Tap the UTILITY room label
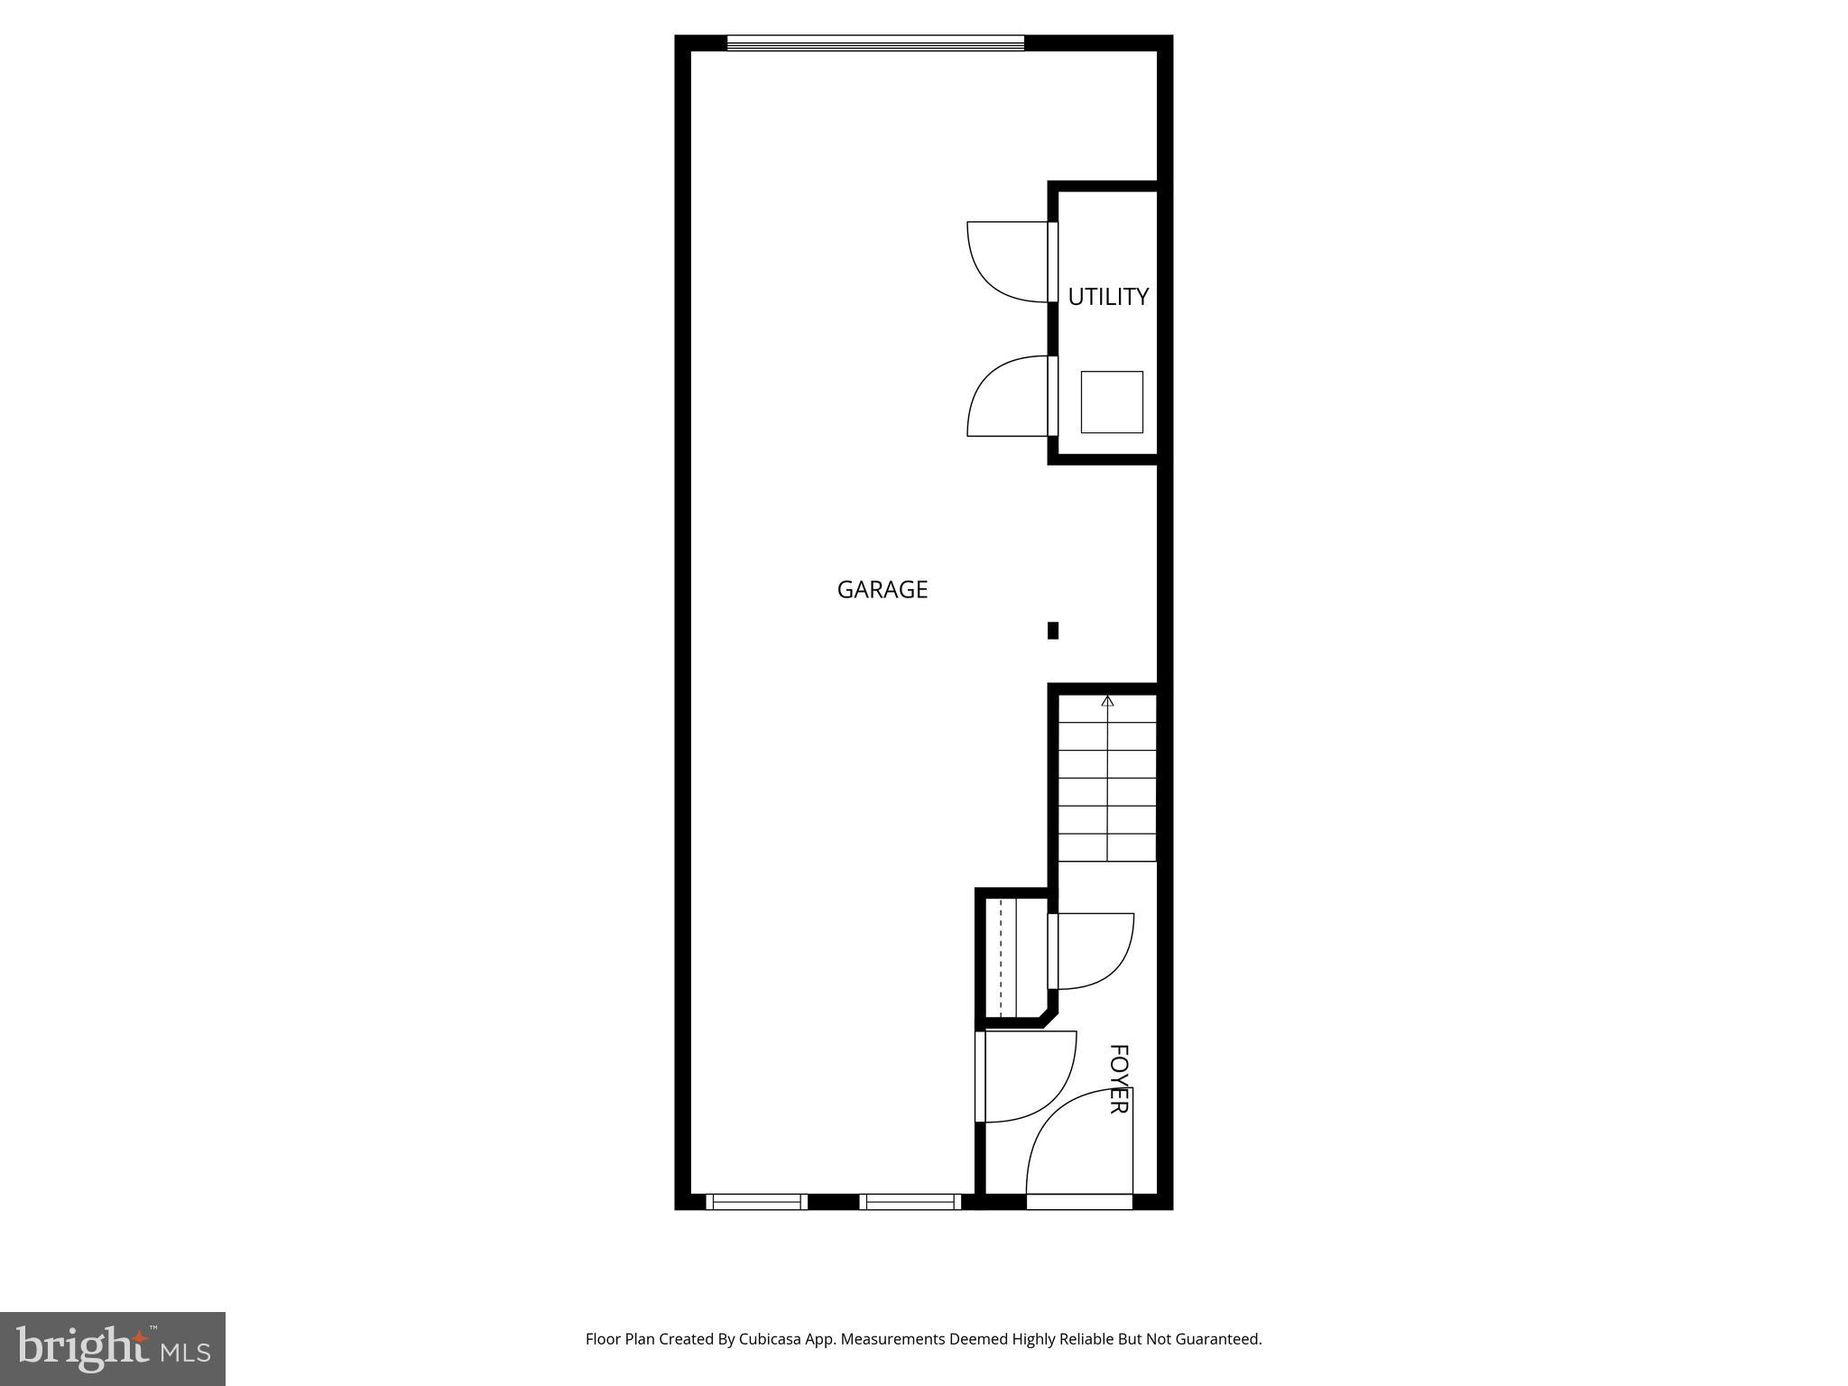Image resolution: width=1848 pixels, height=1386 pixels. click(1108, 297)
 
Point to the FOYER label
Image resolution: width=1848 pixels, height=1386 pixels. click(1118, 1078)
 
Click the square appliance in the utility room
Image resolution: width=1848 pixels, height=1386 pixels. click(1112, 402)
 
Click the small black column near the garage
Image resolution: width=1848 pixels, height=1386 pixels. click(1052, 631)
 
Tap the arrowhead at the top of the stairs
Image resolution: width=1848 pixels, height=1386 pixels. click(1107, 700)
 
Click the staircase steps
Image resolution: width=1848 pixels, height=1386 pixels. click(1107, 778)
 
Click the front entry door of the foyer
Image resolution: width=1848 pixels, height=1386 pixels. click(1079, 1146)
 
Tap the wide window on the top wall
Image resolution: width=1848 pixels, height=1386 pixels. click(875, 42)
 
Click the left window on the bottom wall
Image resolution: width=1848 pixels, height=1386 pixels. click(756, 1201)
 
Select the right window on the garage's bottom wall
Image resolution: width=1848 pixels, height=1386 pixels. click(910, 1201)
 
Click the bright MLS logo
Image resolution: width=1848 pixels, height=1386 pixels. click(113, 1348)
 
